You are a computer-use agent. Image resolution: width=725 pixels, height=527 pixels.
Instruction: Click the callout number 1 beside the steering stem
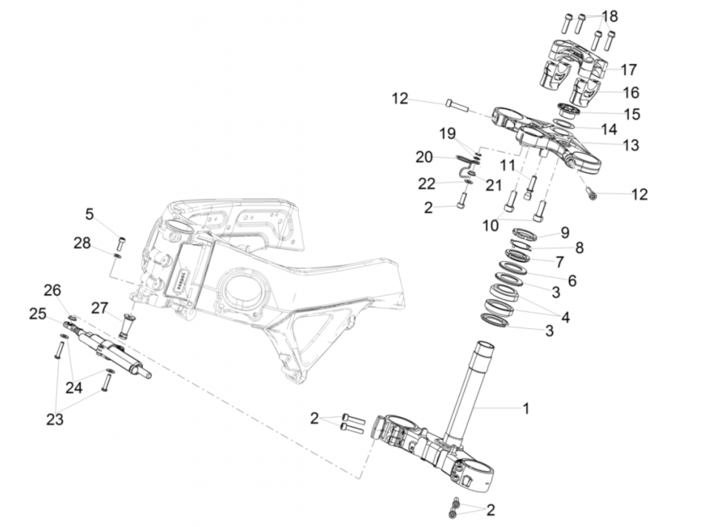point(525,408)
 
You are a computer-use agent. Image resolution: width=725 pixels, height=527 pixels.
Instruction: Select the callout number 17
point(629,69)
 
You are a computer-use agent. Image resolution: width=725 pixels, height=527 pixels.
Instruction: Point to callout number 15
point(631,114)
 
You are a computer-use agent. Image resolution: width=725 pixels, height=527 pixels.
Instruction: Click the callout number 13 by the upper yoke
point(631,145)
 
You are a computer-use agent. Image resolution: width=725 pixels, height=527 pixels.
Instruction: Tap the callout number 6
point(571,281)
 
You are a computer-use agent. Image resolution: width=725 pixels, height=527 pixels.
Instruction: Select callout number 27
point(99,308)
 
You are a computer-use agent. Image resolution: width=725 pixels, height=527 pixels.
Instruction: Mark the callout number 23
point(55,419)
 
